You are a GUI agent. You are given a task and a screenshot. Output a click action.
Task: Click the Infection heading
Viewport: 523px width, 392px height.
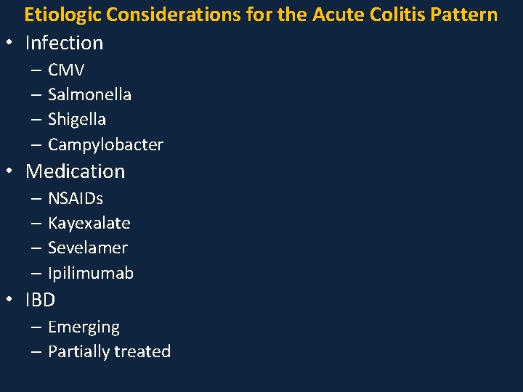[x=64, y=44]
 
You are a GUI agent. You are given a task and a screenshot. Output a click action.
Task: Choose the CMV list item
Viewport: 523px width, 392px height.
[x=66, y=70]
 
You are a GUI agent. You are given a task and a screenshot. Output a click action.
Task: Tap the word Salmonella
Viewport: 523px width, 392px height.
[x=89, y=94]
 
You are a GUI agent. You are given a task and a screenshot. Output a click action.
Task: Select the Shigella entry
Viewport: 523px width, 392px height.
[x=77, y=119]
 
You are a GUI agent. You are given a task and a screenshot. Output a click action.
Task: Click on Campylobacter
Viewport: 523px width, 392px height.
[x=105, y=144]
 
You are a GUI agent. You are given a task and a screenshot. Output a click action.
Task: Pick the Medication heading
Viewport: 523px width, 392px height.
[x=75, y=171]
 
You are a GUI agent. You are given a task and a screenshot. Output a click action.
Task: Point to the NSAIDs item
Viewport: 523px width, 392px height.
[x=76, y=198]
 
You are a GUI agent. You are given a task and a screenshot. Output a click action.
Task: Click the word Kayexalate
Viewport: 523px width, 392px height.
[x=89, y=223]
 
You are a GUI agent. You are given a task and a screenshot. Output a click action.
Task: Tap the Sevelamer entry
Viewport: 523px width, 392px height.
[x=87, y=248]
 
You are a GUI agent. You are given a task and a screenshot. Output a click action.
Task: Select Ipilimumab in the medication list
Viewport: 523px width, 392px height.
[x=91, y=273]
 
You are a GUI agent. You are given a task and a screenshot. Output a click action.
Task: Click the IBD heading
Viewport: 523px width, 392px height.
[x=40, y=300]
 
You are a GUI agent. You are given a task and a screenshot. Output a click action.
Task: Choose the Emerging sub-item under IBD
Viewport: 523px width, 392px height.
[x=84, y=327]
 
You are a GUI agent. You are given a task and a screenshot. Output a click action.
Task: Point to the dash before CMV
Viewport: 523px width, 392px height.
[x=36, y=70]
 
